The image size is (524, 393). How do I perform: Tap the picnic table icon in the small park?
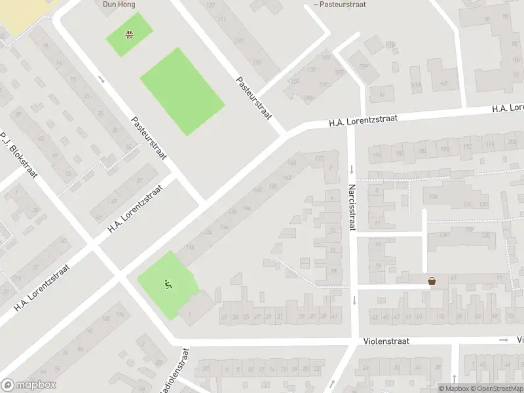click(130, 34)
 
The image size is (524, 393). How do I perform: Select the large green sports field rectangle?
click(182, 92)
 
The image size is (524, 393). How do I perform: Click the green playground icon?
click(168, 284)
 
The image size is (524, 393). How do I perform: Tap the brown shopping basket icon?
click(432, 281)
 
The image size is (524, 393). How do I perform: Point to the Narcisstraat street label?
click(352, 208)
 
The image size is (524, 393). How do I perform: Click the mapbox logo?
click(29, 385)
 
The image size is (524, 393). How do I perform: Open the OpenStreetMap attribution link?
click(496, 388)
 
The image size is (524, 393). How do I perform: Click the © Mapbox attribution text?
click(453, 388)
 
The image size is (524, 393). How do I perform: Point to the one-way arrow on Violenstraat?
click(504, 340)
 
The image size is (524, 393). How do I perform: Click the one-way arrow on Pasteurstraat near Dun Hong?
click(102, 79)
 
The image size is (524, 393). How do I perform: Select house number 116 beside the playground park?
click(190, 247)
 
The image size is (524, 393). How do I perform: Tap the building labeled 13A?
click(432, 196)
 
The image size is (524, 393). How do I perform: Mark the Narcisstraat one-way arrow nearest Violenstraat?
click(354, 300)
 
